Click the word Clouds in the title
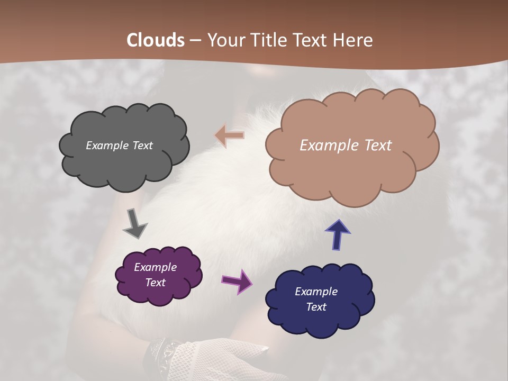pyautogui.click(x=156, y=40)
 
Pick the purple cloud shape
pyautogui.click(x=159, y=291)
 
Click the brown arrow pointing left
pyautogui.click(x=230, y=135)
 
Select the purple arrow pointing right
pyautogui.click(x=237, y=281)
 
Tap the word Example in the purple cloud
pyautogui.click(x=155, y=267)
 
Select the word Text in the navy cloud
pyautogui.click(x=316, y=307)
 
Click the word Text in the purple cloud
pyautogui.click(x=156, y=283)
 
